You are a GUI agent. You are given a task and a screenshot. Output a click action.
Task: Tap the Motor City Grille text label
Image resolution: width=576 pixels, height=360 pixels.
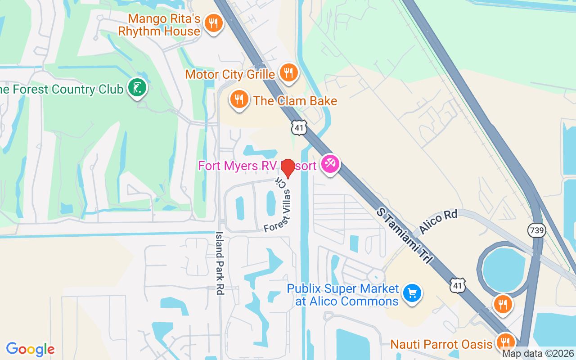230,74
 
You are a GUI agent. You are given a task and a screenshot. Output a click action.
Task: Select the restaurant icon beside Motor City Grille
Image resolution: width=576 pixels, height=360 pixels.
288,72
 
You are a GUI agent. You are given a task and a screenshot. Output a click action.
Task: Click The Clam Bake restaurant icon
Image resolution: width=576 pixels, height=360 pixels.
239,98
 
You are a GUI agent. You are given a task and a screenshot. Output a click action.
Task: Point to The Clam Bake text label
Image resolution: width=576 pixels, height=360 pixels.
295,101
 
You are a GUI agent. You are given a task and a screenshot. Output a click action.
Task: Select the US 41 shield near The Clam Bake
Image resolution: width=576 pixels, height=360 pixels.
299,128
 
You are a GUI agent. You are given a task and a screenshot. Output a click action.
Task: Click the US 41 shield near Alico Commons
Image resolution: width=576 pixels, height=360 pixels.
457,285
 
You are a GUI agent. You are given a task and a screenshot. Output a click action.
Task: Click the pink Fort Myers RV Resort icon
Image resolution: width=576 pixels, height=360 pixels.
330,164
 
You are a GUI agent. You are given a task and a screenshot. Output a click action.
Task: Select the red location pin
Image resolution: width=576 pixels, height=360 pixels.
288,168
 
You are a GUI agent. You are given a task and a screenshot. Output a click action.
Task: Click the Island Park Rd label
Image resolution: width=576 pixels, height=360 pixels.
220,263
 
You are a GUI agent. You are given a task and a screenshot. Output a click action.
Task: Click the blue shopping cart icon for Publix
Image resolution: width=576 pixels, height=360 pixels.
412,293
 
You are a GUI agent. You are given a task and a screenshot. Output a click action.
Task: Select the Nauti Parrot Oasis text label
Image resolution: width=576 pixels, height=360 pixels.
441,345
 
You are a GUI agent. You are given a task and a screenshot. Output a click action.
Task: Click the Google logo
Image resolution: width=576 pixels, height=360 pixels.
31,349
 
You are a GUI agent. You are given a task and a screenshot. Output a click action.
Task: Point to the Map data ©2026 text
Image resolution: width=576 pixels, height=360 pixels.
538,353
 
